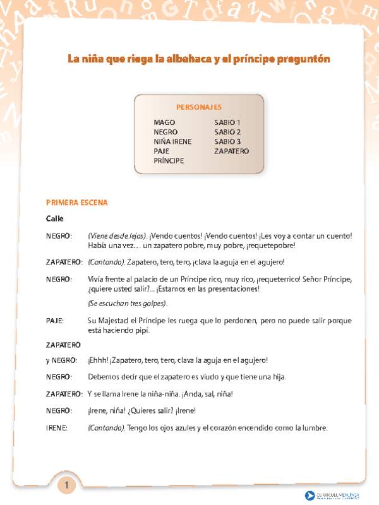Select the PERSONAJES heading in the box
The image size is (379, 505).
[x=198, y=107]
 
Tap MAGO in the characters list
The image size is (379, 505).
[x=164, y=122]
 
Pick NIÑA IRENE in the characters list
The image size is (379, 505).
[x=172, y=142]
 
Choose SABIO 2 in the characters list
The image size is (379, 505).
[x=227, y=133]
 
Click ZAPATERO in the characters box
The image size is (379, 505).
[x=231, y=151]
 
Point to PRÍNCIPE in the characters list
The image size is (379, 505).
[x=169, y=161]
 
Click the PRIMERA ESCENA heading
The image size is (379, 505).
[x=77, y=203]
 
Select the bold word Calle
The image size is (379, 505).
[x=55, y=218]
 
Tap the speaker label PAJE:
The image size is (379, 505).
[x=55, y=321]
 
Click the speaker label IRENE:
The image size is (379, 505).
[x=56, y=428]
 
